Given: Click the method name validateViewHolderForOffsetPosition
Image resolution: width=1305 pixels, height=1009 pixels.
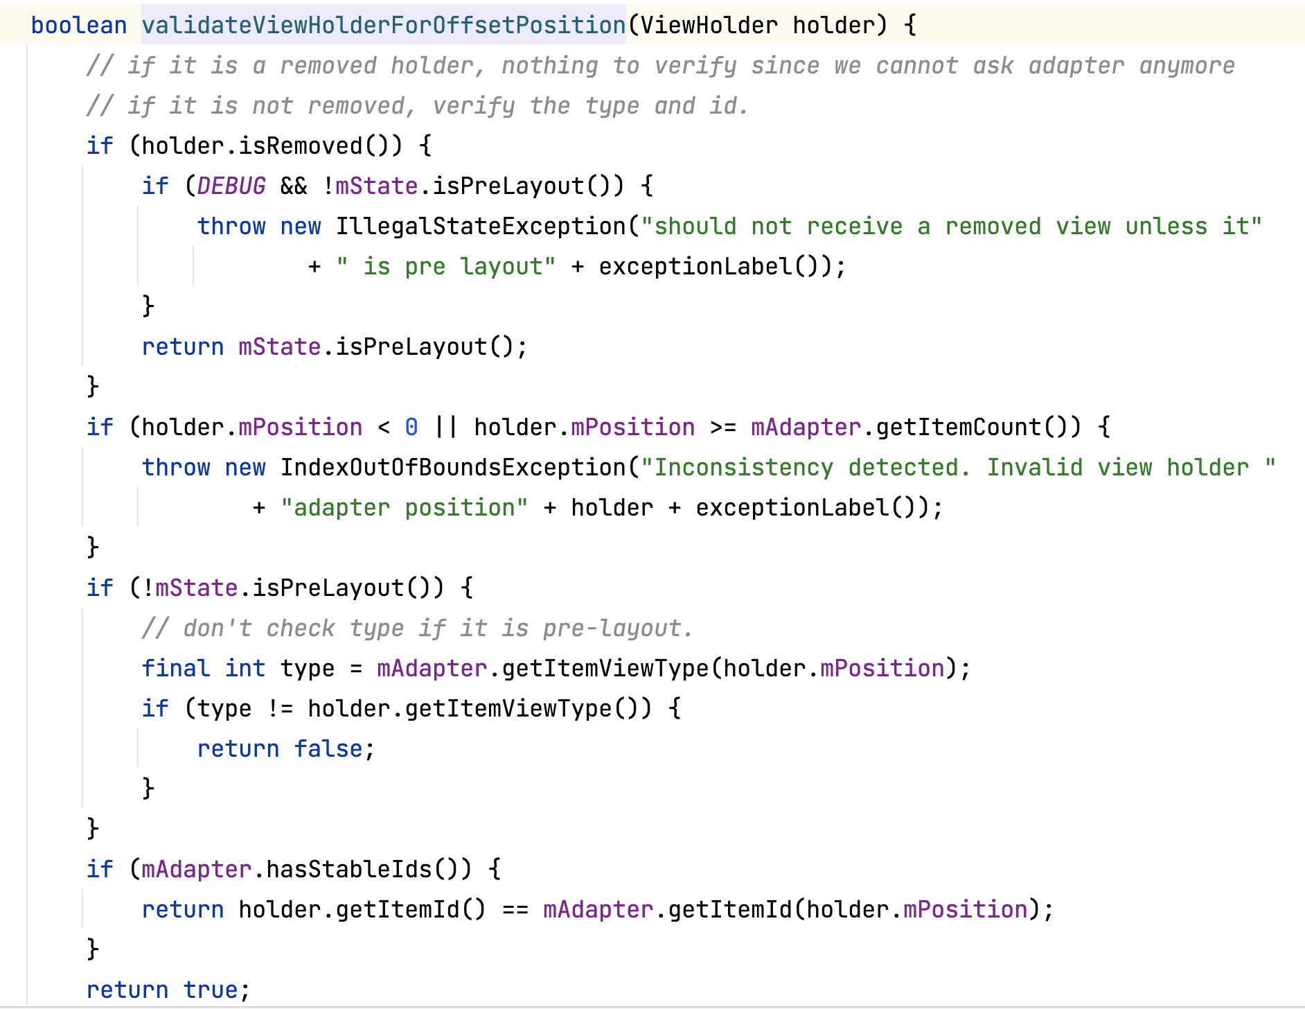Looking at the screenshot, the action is (384, 26).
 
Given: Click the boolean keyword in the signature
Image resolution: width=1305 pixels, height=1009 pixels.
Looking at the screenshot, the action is (79, 26).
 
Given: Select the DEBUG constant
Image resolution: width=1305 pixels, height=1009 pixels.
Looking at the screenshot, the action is (231, 186).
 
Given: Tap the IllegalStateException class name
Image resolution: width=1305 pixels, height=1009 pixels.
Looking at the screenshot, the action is (481, 227).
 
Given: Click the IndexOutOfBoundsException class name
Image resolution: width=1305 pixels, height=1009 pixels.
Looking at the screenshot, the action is (453, 468).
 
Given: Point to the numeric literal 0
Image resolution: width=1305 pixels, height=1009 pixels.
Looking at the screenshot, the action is (411, 428).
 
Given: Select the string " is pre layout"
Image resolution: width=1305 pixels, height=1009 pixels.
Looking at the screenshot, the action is (446, 267).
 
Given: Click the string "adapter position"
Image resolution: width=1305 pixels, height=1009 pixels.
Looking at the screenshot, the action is (405, 508).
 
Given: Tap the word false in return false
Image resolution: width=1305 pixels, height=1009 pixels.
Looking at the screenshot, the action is (328, 749).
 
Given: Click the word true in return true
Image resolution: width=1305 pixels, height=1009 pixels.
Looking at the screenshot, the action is (211, 990).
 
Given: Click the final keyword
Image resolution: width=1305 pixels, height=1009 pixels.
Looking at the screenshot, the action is (176, 669).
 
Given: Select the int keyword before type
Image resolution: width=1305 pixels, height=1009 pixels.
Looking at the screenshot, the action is (245, 669).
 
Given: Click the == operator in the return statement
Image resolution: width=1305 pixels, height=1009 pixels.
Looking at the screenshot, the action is (515, 910).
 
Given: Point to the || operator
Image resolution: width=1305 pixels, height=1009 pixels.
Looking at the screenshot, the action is (446, 428).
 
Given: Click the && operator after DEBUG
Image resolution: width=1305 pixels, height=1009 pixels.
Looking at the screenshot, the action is (294, 186).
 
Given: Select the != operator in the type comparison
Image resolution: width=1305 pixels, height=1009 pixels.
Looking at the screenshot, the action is (280, 709).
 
